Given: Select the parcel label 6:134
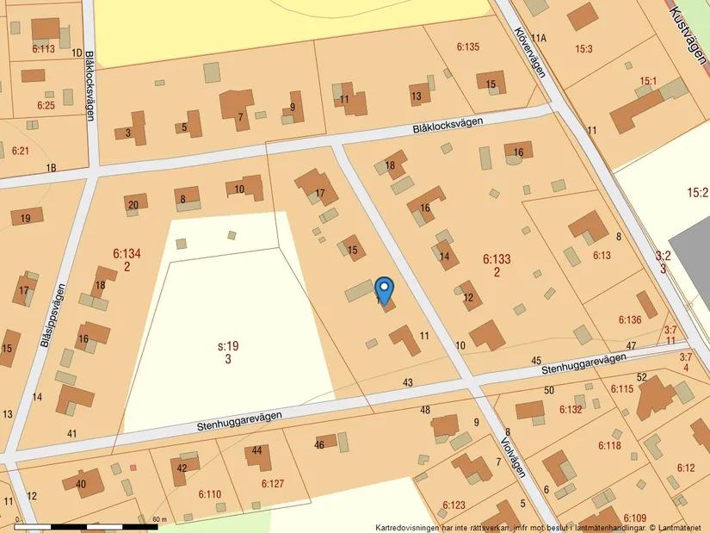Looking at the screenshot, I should pos(127,253).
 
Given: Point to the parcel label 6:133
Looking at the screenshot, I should pos(497,258).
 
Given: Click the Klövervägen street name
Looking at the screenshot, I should pos(529,51).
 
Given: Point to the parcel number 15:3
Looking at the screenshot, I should pos(584,49).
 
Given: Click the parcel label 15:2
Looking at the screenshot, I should pos(697,192).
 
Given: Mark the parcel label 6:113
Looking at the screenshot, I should pos(43,49).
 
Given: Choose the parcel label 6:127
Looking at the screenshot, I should pos(272,484).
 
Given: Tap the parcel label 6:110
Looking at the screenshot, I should pos(210,494).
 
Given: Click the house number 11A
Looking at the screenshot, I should pos(539,38).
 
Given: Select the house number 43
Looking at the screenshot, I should pos(408,382).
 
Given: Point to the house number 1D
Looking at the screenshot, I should pos(77,53).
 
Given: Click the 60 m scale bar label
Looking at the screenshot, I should pos(158,519).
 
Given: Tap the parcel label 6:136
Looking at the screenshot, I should pos(630,320).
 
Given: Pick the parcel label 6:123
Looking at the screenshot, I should pos(454,505).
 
